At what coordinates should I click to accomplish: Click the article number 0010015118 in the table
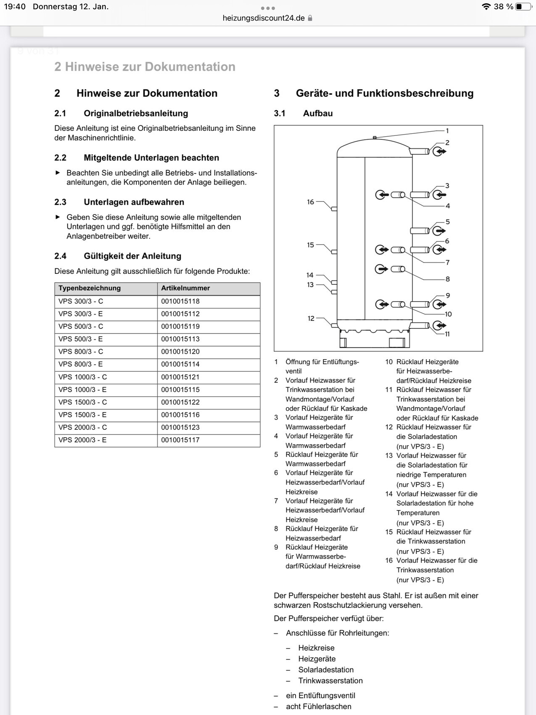[180, 301]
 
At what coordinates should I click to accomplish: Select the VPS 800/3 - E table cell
[81, 364]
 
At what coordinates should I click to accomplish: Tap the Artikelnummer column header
[185, 288]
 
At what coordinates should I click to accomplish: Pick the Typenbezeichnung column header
[90, 288]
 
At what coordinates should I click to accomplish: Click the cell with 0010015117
[180, 440]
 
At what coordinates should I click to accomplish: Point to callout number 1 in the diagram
[447, 131]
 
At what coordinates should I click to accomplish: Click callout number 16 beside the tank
[310, 202]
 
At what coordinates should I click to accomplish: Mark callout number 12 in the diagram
[311, 318]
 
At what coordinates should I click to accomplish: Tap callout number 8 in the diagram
[448, 279]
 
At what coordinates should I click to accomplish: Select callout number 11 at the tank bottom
[447, 334]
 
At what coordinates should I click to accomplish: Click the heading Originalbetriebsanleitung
[136, 113]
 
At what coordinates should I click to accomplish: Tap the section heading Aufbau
[318, 113]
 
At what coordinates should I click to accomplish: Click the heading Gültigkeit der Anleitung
[132, 256]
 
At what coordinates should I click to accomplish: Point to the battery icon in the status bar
[523, 7]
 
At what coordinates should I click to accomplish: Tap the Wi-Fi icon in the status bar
[486, 7]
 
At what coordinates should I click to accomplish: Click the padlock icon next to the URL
[310, 18]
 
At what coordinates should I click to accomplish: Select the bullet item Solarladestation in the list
[326, 670]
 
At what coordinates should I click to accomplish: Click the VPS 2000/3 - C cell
[83, 427]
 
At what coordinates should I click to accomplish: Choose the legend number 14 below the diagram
[389, 494]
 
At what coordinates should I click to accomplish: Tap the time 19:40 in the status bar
[15, 7]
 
